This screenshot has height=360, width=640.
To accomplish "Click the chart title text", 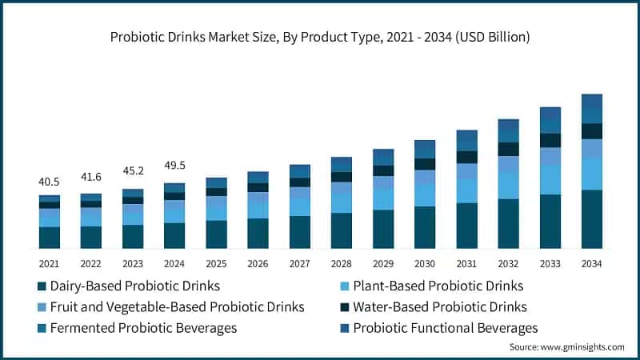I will [x=320, y=37].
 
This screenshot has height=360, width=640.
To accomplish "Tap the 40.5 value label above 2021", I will [x=49, y=182].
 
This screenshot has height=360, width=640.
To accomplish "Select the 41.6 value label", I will [x=90, y=177].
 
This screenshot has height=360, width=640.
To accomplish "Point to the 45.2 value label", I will [x=132, y=170].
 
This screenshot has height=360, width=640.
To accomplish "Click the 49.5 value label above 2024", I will [x=174, y=165].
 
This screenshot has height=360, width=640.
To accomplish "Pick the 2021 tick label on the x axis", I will [x=49, y=263].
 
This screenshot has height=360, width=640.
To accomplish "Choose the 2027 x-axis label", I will [x=299, y=263].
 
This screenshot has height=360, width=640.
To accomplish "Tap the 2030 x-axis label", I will [x=425, y=263].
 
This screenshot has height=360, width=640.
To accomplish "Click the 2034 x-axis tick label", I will [x=591, y=263].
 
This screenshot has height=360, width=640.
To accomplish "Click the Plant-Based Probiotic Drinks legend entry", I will [x=437, y=286].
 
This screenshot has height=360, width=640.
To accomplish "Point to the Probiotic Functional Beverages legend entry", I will [x=445, y=327].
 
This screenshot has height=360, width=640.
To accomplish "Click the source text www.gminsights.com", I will [x=566, y=346].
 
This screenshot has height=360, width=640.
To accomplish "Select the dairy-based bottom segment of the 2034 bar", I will [x=591, y=219].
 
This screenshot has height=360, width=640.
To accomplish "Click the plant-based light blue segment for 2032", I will [x=508, y=185].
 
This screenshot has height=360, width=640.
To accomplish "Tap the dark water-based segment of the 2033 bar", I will [x=550, y=140].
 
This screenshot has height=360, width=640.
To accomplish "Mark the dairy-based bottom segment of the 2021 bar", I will [x=49, y=238].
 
